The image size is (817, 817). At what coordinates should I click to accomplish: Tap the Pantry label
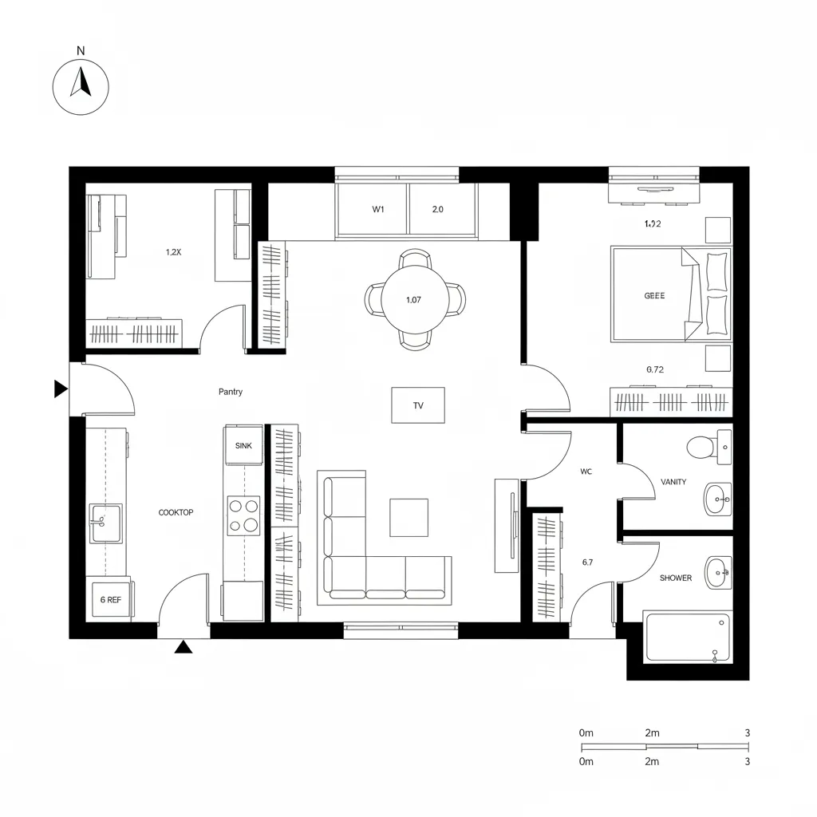[x=231, y=392]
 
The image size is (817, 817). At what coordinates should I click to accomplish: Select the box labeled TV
[x=418, y=405]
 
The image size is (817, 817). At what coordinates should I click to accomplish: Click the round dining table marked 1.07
[x=413, y=301]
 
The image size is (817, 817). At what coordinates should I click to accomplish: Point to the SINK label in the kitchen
[x=243, y=446]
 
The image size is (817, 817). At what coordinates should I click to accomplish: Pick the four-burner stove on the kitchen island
[x=243, y=515]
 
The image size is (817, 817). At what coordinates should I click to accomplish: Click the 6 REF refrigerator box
[x=111, y=599]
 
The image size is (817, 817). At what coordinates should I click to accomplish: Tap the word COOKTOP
[x=176, y=512]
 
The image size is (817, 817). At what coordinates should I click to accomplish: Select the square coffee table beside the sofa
[x=408, y=517]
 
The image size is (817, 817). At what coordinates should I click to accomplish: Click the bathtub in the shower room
[x=687, y=637]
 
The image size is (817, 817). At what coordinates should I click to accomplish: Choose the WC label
[x=586, y=472]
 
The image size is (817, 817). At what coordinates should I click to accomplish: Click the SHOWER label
[x=676, y=578]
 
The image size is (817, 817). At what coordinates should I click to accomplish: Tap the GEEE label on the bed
[x=654, y=295]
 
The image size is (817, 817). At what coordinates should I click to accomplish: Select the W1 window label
[x=378, y=210]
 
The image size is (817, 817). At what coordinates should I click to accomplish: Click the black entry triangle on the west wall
[x=60, y=389]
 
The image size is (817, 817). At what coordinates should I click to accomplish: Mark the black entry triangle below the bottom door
[x=184, y=647]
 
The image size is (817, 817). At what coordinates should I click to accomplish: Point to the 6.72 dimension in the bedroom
[x=654, y=369]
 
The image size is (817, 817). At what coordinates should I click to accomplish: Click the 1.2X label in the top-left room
[x=174, y=252]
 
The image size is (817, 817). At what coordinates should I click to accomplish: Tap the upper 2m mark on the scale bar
[x=651, y=732]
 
